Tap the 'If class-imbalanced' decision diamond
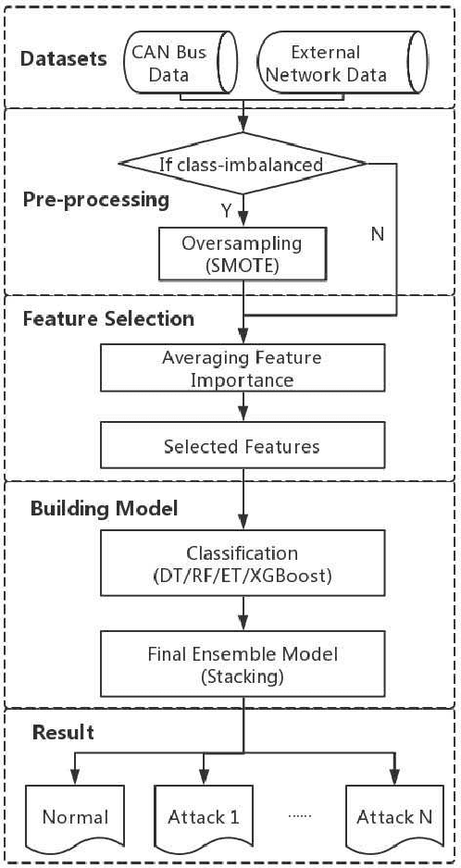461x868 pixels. click(242, 166)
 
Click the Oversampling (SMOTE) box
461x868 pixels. click(242, 254)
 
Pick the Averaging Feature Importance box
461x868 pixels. click(242, 368)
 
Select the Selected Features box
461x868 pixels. click(242, 446)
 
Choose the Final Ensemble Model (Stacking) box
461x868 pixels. click(242, 664)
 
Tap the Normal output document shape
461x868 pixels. click(75, 816)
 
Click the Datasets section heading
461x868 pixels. click(64, 59)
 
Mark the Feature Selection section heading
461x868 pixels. click(107, 318)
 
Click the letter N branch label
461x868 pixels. click(376, 235)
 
